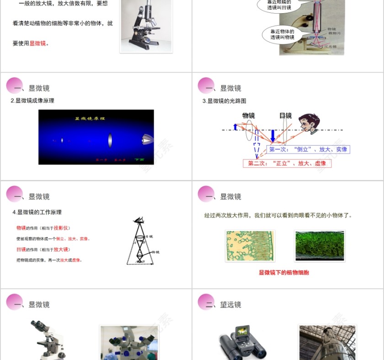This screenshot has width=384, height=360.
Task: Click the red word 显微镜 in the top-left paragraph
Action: [38, 44]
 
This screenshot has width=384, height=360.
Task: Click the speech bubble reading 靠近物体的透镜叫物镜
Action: [282, 34]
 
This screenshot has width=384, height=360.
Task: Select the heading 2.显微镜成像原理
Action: [32, 101]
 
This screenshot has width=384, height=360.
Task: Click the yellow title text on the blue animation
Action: [90, 119]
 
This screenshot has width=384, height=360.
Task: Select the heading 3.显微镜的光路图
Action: [224, 101]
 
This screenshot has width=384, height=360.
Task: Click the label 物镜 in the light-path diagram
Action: [249, 116]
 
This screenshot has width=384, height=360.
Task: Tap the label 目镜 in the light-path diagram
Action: [285, 116]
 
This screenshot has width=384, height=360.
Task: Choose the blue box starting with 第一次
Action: [308, 149]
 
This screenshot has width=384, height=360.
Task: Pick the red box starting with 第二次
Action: [287, 163]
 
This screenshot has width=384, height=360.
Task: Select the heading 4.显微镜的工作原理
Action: [37, 212]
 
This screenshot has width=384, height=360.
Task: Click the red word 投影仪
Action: [62, 228]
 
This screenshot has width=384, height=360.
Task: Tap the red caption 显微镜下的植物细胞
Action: [284, 273]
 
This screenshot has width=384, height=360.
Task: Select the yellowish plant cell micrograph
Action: [250, 246]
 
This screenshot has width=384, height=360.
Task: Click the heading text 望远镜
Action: [230, 305]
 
